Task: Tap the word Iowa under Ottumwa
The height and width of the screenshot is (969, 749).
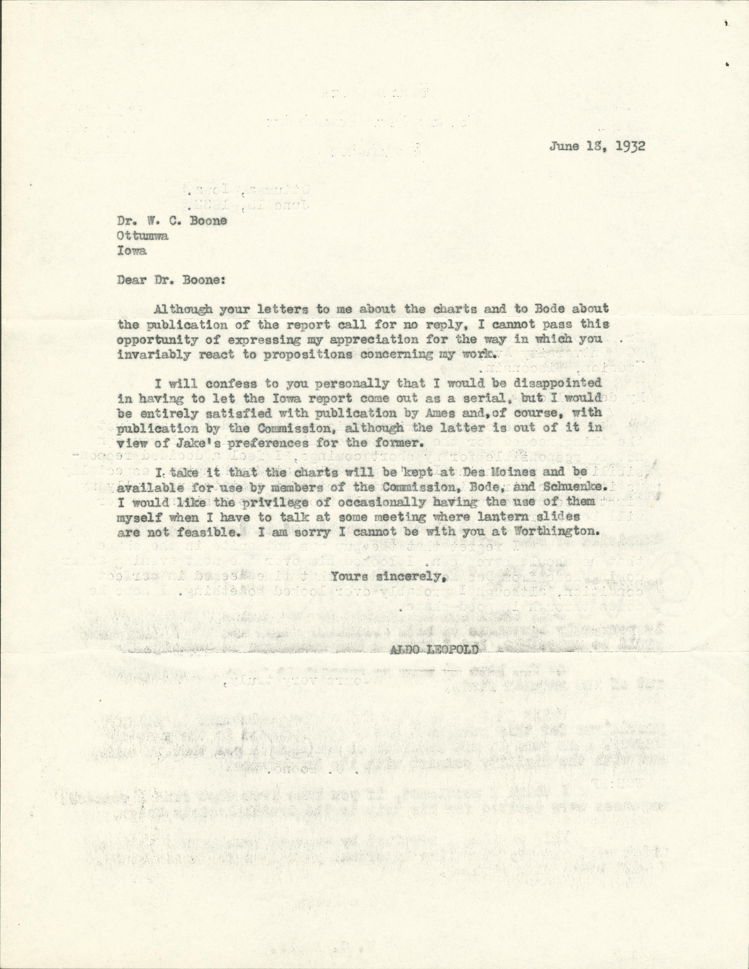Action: pos(132,251)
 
